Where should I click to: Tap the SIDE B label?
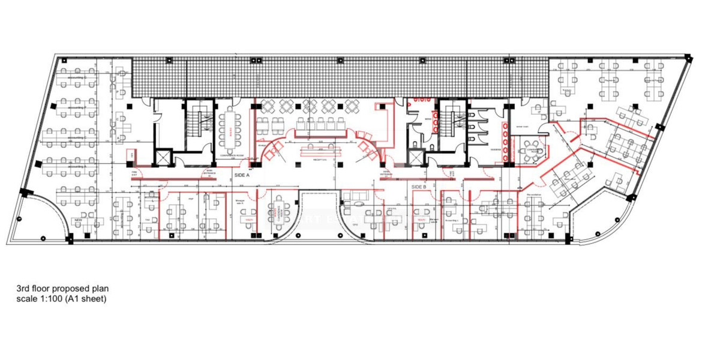click(x=418, y=187)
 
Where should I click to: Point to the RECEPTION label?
click(x=320, y=160)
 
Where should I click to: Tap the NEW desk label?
click(x=78, y=221)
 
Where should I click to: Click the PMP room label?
click(x=191, y=198)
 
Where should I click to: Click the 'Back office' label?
click(x=570, y=180)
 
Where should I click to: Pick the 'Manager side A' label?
click(x=241, y=202)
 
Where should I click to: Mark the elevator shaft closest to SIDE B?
click(x=415, y=157)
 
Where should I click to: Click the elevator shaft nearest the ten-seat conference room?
click(x=163, y=157)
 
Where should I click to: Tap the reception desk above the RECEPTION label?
click(x=320, y=147)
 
